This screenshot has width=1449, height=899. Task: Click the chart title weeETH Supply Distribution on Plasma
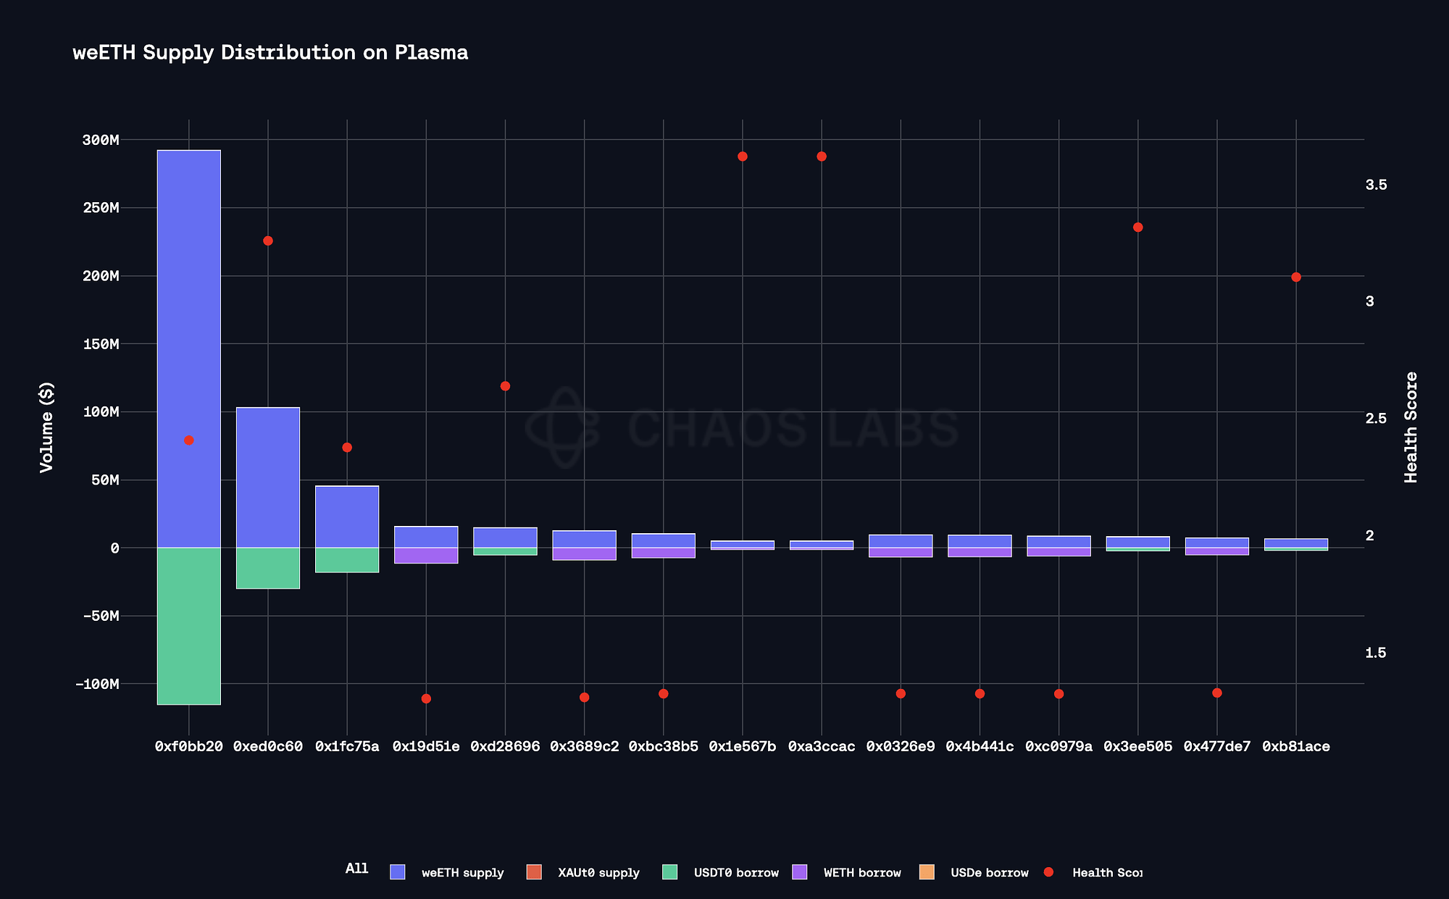pyautogui.click(x=270, y=53)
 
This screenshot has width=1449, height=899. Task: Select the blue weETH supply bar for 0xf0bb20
pyautogui.click(x=189, y=348)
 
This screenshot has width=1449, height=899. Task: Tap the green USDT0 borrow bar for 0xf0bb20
pyautogui.click(x=189, y=626)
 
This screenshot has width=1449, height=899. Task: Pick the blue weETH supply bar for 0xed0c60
pyautogui.click(x=268, y=477)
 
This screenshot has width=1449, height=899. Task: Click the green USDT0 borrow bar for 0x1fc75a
pyautogui.click(x=347, y=560)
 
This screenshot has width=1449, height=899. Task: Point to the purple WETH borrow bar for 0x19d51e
pyautogui.click(x=426, y=556)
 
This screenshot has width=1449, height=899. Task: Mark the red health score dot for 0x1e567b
pyautogui.click(x=743, y=156)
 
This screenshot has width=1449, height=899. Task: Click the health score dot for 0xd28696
pyautogui.click(x=506, y=386)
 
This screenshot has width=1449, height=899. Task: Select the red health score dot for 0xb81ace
pyautogui.click(x=1296, y=277)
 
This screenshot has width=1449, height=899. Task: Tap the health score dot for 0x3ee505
pyautogui.click(x=1138, y=227)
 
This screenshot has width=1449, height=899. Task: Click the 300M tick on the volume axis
pyautogui.click(x=101, y=140)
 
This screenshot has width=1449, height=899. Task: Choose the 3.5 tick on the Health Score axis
pyautogui.click(x=1376, y=185)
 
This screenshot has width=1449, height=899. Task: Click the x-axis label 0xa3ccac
pyautogui.click(x=822, y=747)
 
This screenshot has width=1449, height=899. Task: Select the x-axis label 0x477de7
pyautogui.click(x=1217, y=747)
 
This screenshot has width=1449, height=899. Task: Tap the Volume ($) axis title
pyautogui.click(x=47, y=437)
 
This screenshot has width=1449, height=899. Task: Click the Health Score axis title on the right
pyautogui.click(x=1411, y=427)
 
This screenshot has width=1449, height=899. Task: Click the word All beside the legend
pyautogui.click(x=356, y=869)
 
